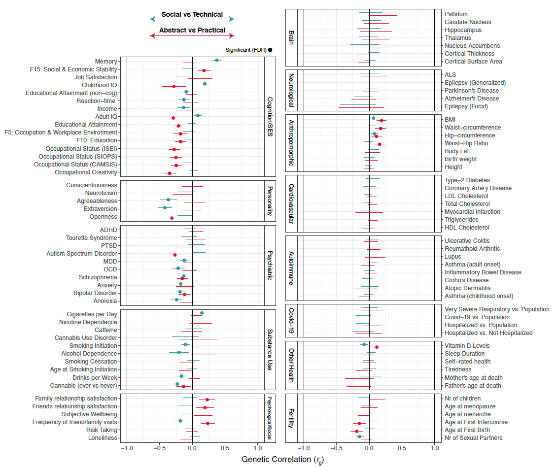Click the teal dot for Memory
click(216, 60)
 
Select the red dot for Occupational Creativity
click(170, 173)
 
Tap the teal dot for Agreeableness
click(168, 200)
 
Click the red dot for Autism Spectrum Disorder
click(175, 255)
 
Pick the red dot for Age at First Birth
click(357, 431)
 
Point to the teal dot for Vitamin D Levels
click(364, 345)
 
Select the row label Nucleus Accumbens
click(472, 46)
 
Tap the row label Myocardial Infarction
click(472, 212)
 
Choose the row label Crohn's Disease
click(467, 280)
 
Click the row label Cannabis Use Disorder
click(86, 338)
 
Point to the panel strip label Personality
click(270, 200)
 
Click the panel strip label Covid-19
click(292, 321)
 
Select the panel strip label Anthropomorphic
click(292, 142)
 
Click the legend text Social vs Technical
click(192, 15)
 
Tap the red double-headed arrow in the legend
click(192, 35)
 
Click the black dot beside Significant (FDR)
click(270, 50)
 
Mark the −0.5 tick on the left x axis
click(159, 448)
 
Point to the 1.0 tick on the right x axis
click(434, 448)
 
